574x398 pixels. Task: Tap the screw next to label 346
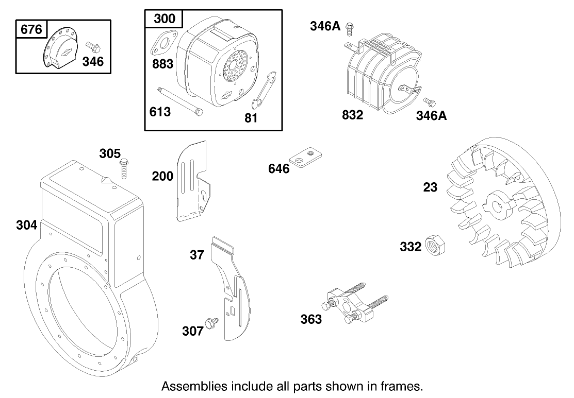(x=93, y=47)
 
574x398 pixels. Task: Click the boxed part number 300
(x=164, y=20)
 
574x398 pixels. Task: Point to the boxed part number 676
(x=31, y=30)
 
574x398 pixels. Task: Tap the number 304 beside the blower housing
(x=27, y=225)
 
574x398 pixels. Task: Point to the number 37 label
(x=197, y=254)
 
